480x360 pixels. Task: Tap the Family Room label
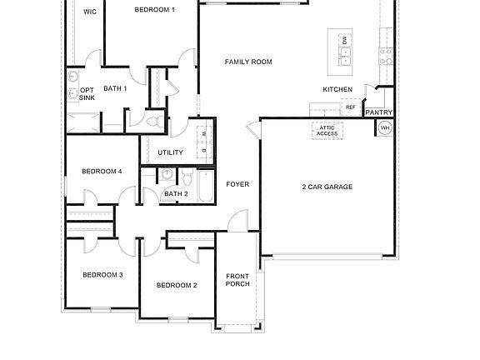point(248,62)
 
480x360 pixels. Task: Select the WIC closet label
point(90,11)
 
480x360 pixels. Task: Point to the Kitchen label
point(337,89)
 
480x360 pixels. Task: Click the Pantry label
point(379,112)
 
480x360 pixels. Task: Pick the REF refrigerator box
point(351,107)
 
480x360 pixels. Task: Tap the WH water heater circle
point(385,127)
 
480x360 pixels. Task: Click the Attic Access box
point(327,130)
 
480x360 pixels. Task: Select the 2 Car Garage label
point(327,187)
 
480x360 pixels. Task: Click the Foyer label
point(237,184)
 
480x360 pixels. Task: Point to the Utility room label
point(170,152)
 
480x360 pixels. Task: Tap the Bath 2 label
point(175,194)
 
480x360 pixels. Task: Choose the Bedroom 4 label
point(102,172)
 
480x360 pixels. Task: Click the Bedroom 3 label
point(102,274)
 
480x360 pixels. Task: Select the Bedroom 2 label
point(177,285)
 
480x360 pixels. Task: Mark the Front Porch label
point(237,280)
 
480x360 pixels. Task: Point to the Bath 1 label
point(115,88)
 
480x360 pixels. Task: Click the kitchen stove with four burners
point(386,56)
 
